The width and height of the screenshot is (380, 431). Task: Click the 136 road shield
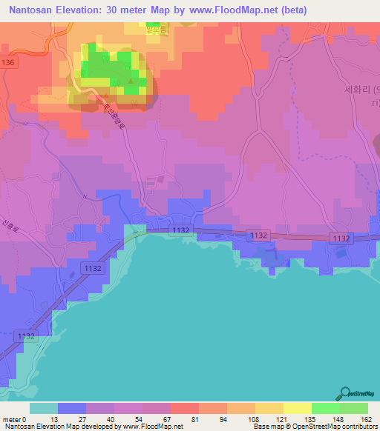point(8,63)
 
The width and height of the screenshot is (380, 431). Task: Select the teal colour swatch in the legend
point(43,409)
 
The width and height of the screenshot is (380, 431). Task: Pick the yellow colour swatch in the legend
point(298,409)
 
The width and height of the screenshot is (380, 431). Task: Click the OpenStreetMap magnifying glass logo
point(344,393)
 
